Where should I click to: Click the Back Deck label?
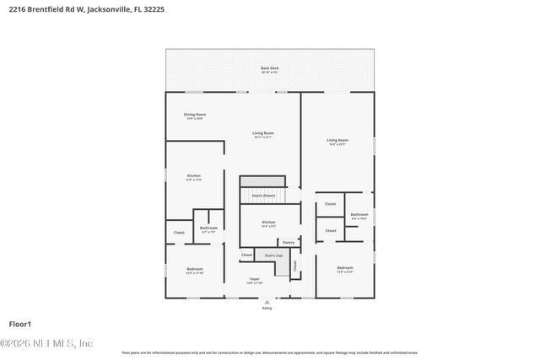(x=269, y=67)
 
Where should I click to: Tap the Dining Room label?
(x=195, y=115)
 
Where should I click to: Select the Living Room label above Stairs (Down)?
(x=263, y=132)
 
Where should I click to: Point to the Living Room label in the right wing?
(x=337, y=140)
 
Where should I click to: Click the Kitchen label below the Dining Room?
(x=193, y=175)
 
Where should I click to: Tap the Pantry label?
(x=289, y=242)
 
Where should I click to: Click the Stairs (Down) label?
(x=263, y=195)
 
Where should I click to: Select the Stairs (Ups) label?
(x=273, y=255)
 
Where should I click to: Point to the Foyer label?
(x=254, y=279)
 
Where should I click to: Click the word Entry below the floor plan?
(x=267, y=309)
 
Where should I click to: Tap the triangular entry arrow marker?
(x=267, y=302)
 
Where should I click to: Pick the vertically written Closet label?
(x=295, y=265)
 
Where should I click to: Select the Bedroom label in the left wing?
(x=194, y=268)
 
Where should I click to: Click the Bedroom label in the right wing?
(x=344, y=268)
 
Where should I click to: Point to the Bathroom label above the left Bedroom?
(x=208, y=228)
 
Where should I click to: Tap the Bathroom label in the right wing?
(x=359, y=214)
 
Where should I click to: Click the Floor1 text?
(x=19, y=324)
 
